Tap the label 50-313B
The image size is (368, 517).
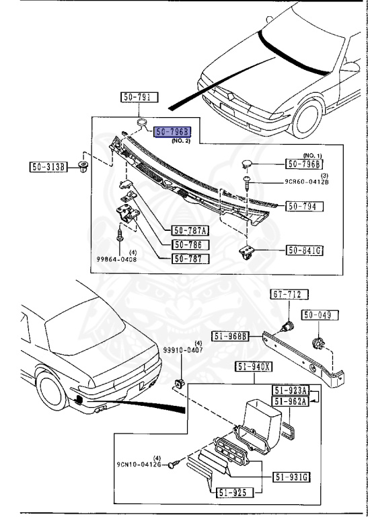point(48,166)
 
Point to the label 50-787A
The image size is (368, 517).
point(190,231)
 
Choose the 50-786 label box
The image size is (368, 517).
point(190,245)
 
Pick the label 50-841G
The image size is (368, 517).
point(305,250)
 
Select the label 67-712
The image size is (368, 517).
point(287,294)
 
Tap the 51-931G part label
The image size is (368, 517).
point(291,478)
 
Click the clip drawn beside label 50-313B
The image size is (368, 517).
point(84,167)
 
